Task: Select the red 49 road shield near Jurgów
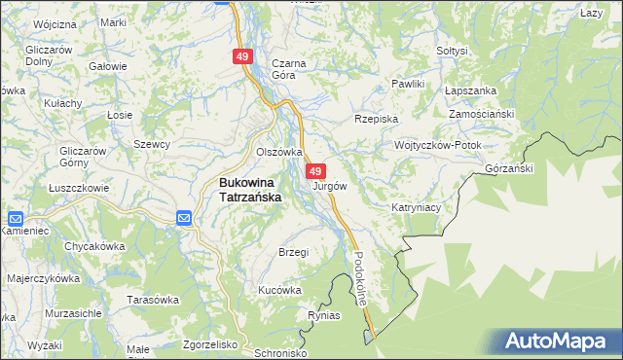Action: pyautogui.click(x=316, y=170)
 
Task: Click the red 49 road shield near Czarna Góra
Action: pyautogui.click(x=242, y=57)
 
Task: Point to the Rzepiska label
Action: pyautogui.click(x=377, y=119)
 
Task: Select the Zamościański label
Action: pyautogui.click(x=481, y=114)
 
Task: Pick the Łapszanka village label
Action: pyautogui.click(x=470, y=90)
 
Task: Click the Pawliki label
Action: pyautogui.click(x=409, y=85)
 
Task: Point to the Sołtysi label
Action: pyautogui.click(x=453, y=50)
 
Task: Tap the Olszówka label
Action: pyautogui.click(x=279, y=152)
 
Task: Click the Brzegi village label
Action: pyautogui.click(x=293, y=252)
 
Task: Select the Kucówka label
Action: pyautogui.click(x=279, y=290)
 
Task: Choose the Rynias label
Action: pyautogui.click(x=323, y=316)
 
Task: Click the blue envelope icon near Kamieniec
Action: pyautogui.click(x=16, y=219)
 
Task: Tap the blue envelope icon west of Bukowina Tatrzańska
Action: pyautogui.click(x=184, y=217)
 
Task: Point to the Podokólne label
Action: pyautogui.click(x=361, y=277)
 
